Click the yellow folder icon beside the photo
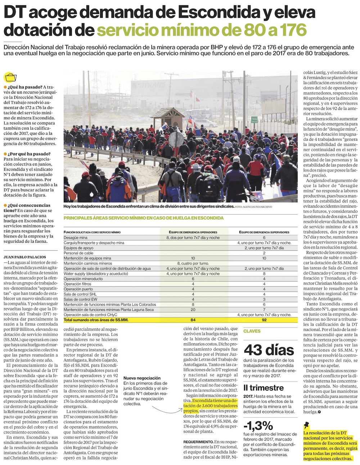point(10,77)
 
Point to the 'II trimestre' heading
point(263,388)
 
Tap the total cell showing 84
point(193,320)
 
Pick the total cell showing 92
point(264,320)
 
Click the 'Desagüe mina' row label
point(76,238)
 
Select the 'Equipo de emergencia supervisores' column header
point(264,232)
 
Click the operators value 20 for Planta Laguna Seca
point(193,310)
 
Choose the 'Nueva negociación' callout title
point(142,378)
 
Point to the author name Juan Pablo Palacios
point(25,257)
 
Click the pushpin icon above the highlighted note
point(307,425)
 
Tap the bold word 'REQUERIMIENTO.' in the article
point(198,442)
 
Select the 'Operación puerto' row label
point(78,289)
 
